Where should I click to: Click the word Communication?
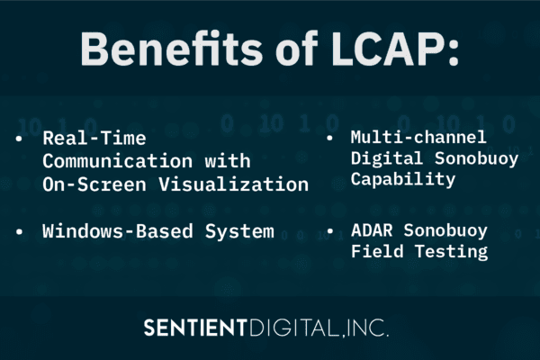point(104,162)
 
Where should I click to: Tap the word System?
point(240,231)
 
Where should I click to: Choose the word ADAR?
point(370,231)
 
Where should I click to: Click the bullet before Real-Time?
point(20,139)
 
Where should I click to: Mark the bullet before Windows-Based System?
point(20,231)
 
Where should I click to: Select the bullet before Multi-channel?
point(330,138)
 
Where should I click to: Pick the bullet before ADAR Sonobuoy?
point(330,231)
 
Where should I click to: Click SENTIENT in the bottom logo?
point(195,328)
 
